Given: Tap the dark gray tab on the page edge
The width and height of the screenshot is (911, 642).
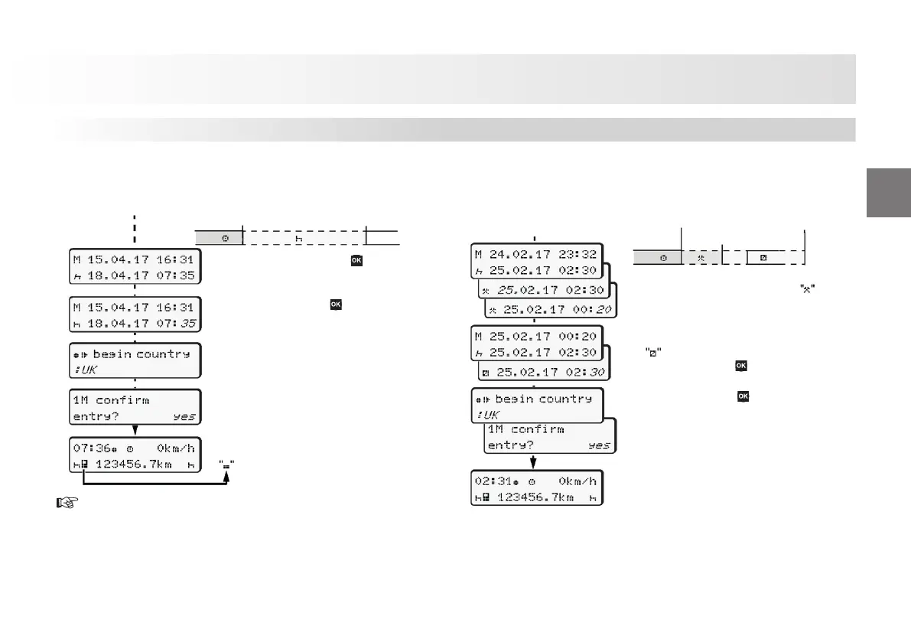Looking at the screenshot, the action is [x=889, y=192].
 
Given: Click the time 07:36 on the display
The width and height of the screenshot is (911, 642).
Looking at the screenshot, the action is [x=88, y=448].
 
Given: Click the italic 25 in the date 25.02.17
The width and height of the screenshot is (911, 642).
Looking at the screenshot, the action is [x=506, y=291].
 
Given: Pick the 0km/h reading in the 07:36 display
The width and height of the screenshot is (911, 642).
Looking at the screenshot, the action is [x=176, y=448].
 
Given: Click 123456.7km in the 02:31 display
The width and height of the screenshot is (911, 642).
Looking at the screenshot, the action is [x=535, y=497].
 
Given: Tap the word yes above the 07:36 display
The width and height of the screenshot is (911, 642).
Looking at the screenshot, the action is [x=184, y=417].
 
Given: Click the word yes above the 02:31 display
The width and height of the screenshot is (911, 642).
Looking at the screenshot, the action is [x=599, y=445].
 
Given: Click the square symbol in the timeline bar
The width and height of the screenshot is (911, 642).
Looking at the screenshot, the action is [x=763, y=258].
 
